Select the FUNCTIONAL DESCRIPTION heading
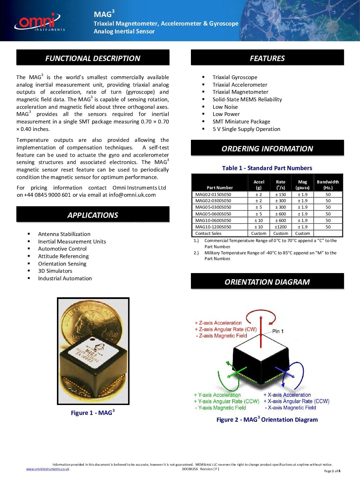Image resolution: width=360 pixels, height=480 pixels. (x=93, y=58)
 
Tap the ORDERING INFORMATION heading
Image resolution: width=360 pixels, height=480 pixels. (x=267, y=149)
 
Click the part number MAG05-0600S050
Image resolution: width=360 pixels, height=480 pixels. (x=213, y=214)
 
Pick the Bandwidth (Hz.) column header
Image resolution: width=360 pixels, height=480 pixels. (x=328, y=184)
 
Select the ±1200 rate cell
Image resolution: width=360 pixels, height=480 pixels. (x=281, y=227)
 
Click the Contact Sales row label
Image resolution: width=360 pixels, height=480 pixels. (x=208, y=234)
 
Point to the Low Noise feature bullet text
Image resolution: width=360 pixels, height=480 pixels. (x=225, y=107)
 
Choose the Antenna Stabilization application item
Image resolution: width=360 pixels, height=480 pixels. (x=64, y=234)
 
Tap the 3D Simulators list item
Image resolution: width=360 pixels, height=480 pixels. (x=55, y=271)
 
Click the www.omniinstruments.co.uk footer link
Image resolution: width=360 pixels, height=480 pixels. (x=48, y=469)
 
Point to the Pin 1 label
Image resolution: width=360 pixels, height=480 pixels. (x=277, y=331)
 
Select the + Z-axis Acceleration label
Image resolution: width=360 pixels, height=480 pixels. (x=218, y=322)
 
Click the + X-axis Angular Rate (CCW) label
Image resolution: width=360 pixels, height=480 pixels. (x=296, y=401)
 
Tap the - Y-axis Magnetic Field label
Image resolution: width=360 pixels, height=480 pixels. (x=220, y=408)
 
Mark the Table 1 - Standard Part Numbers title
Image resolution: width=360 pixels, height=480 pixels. (x=267, y=168)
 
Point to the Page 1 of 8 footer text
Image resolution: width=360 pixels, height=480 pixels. (x=332, y=471)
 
